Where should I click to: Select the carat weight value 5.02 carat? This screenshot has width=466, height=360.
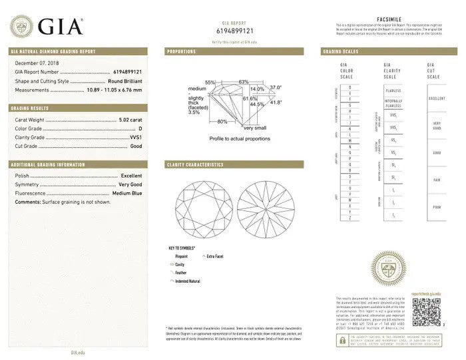pyautogui.click(x=130, y=120)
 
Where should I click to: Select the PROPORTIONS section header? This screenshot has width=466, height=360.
pyautogui.click(x=181, y=51)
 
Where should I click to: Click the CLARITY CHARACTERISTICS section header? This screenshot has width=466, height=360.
pyautogui.click(x=195, y=164)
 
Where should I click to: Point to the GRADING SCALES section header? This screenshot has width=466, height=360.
pyautogui.click(x=342, y=51)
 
